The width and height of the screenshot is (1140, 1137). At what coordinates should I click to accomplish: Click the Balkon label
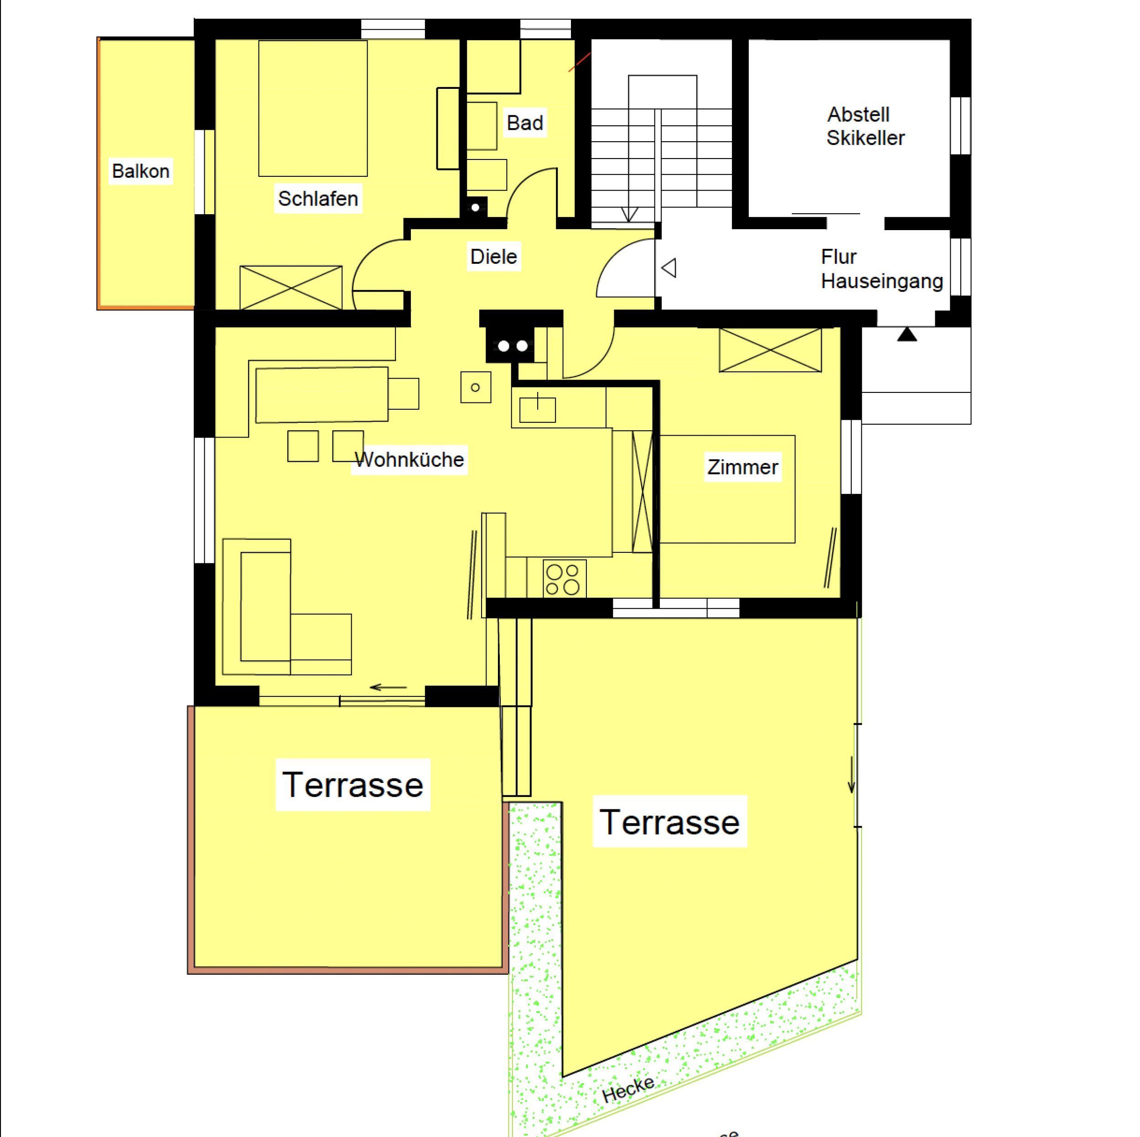141,171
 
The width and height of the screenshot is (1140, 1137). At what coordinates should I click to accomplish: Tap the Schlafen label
318,199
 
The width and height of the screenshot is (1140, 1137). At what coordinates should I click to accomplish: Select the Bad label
524,123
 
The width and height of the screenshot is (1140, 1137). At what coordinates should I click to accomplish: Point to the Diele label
493,257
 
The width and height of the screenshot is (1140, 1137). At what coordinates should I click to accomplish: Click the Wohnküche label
409,459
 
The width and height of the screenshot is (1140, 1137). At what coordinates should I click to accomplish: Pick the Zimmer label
743,467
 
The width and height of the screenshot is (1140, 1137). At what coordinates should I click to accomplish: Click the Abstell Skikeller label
865,126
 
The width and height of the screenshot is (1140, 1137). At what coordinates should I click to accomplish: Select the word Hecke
628,1090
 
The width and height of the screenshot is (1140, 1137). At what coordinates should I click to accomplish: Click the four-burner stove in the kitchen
564,578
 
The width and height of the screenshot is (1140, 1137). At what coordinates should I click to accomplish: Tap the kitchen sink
537,409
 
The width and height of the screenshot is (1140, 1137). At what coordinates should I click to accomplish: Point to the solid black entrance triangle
907,334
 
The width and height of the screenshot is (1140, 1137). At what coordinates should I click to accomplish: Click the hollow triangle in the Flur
668,268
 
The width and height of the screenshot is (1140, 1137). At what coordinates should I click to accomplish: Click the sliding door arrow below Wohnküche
388,687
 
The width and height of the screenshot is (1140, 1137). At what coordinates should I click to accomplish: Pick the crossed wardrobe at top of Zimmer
770,350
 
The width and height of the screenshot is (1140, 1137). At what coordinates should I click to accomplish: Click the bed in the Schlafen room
313,108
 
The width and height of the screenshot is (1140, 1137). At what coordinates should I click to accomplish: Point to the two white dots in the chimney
512,346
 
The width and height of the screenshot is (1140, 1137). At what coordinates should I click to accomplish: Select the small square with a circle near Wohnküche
476,387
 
